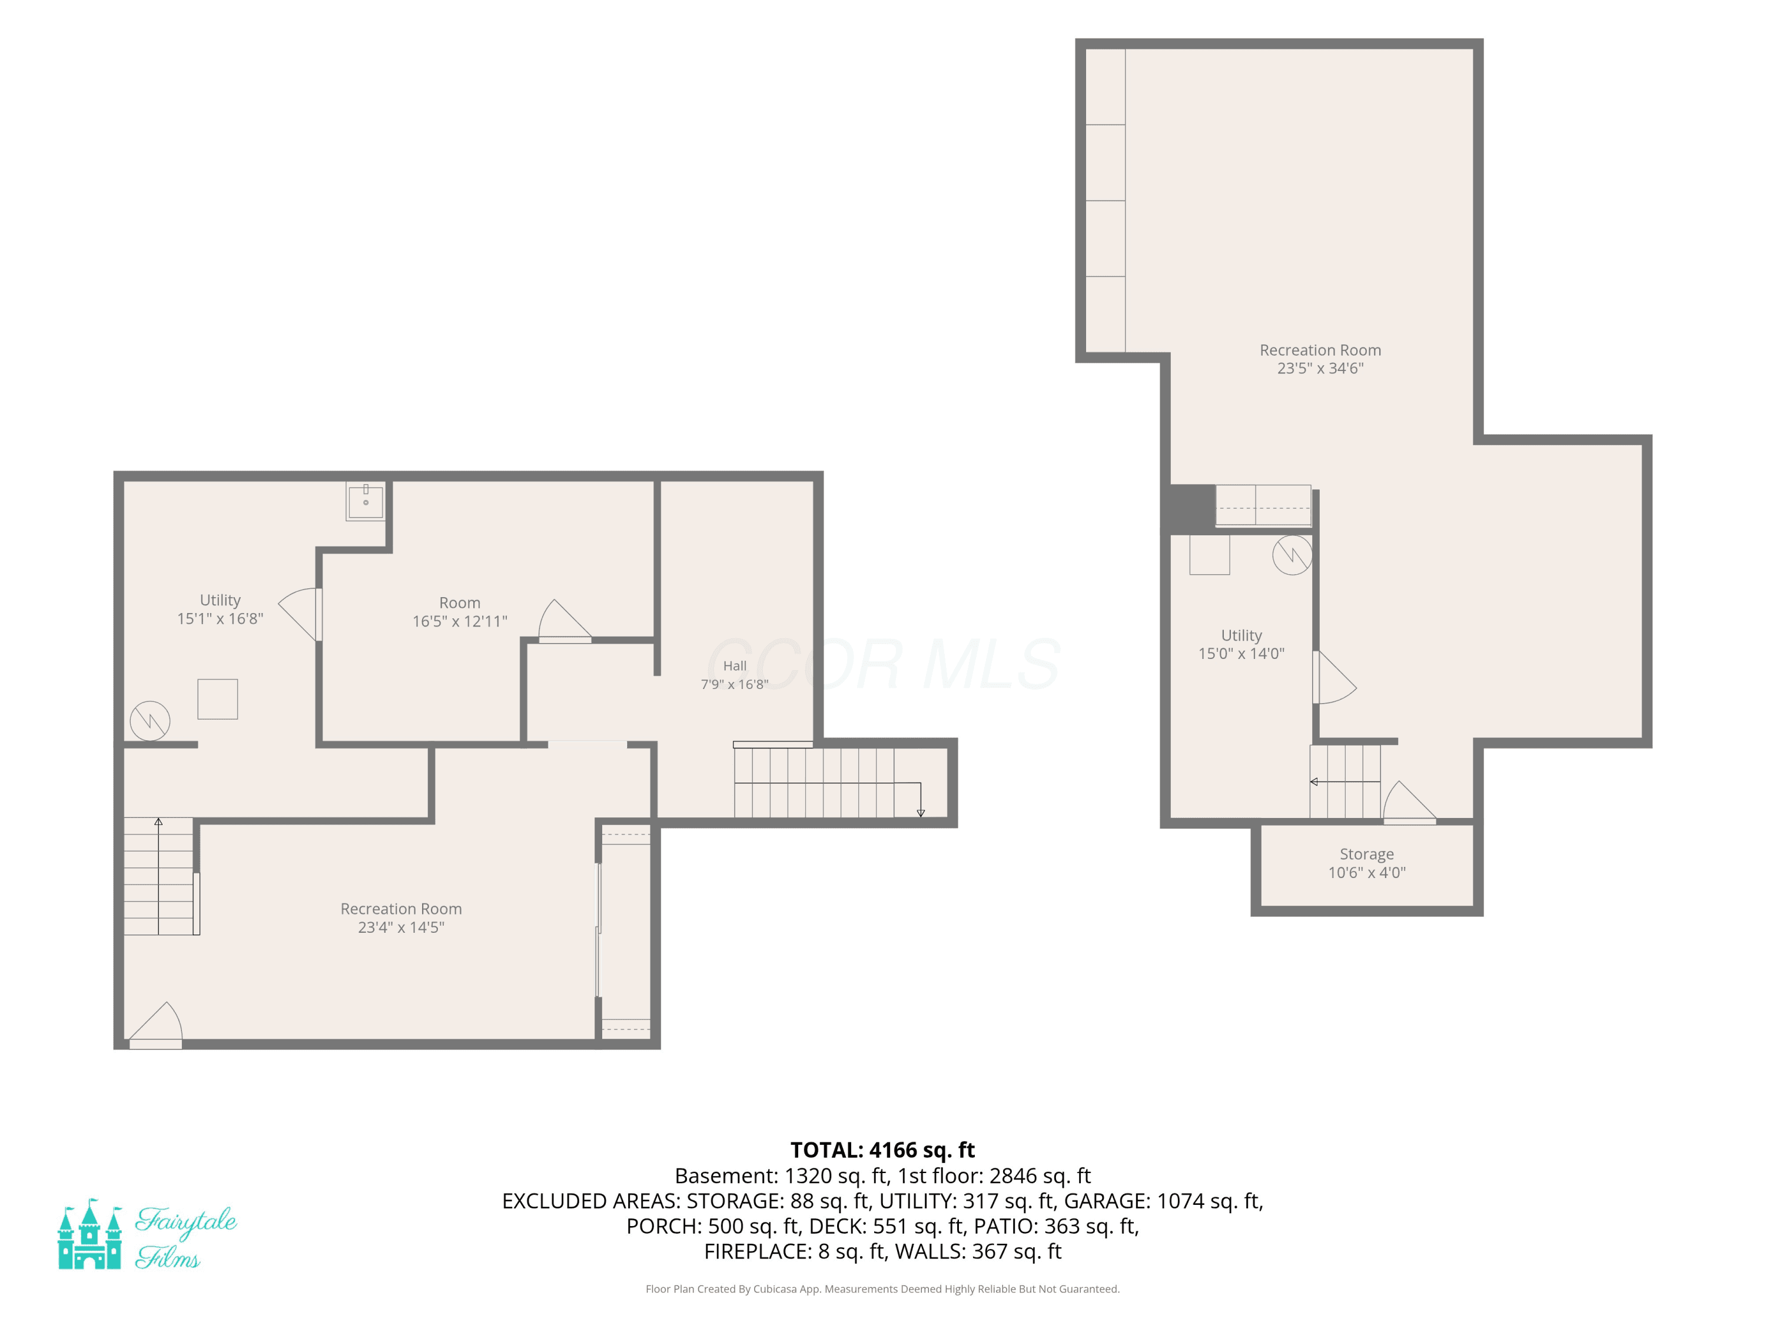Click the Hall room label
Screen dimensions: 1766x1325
pos(735,675)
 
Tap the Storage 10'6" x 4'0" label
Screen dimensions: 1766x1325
pos(1366,863)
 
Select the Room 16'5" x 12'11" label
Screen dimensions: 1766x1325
pos(460,612)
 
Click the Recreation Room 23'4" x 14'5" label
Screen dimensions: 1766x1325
pos(401,917)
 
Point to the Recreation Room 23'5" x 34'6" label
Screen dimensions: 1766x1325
pos(1320,359)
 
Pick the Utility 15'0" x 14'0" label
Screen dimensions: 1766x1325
pos(1241,644)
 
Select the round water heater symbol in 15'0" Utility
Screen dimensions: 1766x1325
pos(1292,554)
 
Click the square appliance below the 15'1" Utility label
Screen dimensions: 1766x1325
pos(218,699)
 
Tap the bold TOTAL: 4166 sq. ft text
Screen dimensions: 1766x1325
pos(882,1150)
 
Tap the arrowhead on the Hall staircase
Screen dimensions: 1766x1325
pos(921,813)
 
